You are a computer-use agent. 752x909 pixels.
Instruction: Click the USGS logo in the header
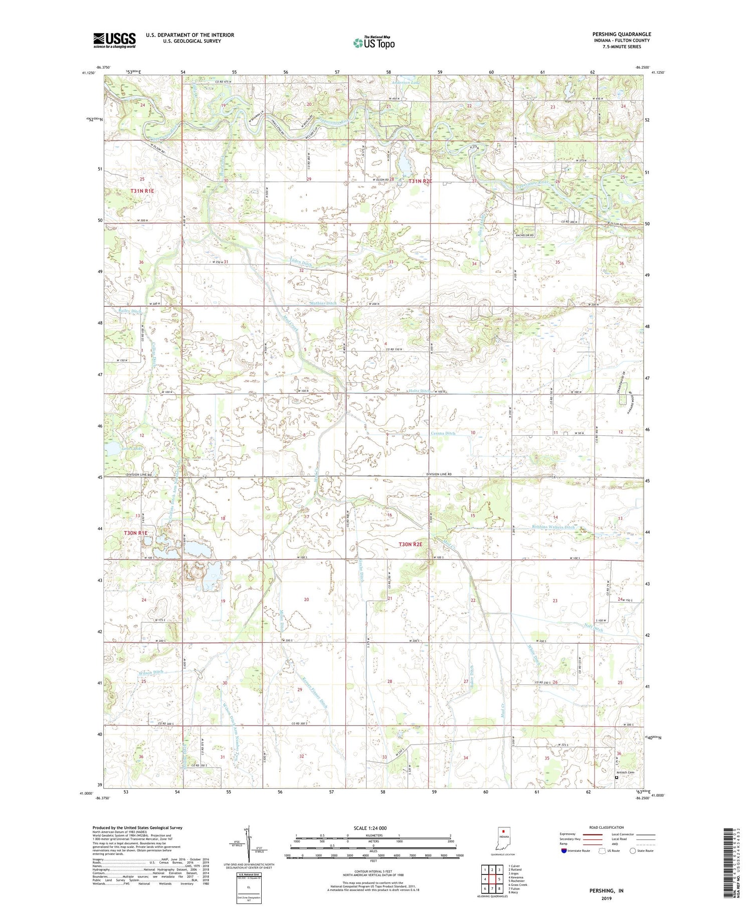click(114, 40)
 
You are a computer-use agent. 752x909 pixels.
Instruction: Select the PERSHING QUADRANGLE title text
click(622, 34)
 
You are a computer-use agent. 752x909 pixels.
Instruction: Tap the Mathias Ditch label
click(323, 303)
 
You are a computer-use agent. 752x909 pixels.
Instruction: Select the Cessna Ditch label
click(443, 433)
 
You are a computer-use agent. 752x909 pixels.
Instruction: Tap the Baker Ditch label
click(472, 675)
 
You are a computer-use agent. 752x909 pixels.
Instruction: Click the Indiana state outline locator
click(504, 837)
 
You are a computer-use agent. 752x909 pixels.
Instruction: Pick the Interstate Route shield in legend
click(564, 850)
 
